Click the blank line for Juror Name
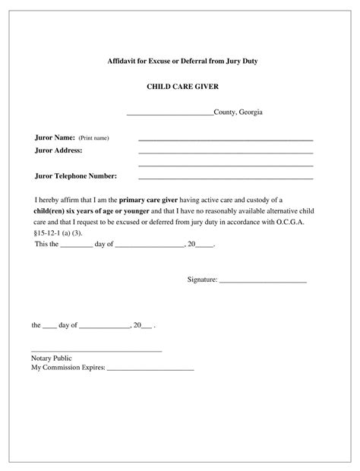pos(225,141)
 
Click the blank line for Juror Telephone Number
pos(225,179)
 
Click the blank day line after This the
pos(76,246)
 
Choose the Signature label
pos(202,280)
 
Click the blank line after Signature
pos(263,282)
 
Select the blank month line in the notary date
pos(105,327)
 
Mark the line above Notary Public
pos(96,351)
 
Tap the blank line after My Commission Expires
pos(151,369)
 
